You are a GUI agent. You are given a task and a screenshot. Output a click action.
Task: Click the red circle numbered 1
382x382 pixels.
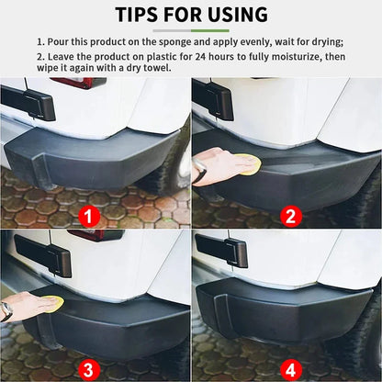[89, 218]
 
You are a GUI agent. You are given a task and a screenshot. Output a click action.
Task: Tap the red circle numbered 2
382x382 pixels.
[290, 218]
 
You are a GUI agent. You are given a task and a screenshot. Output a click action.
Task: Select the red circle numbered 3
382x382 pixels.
[89, 369]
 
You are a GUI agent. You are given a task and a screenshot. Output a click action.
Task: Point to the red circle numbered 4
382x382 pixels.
[290, 369]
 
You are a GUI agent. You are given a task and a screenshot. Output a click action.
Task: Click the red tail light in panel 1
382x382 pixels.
[80, 82]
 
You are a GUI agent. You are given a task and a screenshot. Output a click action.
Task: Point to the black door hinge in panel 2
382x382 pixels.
[213, 98]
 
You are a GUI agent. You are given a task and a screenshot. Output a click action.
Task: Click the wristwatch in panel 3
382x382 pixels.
[6, 311]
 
